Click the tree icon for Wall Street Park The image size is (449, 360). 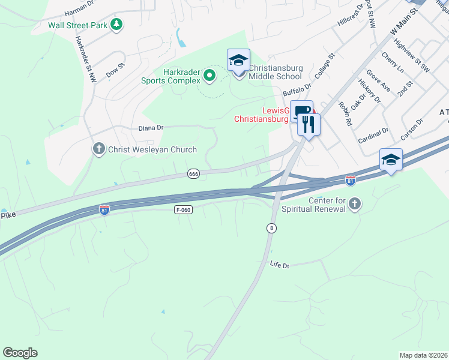pyautogui.click(x=116, y=25)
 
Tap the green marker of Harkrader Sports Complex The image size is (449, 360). pyautogui.click(x=209, y=75)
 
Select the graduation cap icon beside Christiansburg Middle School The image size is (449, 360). pyautogui.click(x=238, y=61)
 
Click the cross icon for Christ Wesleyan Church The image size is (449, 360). pyautogui.click(x=99, y=148)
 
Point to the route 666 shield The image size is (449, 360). pyautogui.click(x=193, y=174)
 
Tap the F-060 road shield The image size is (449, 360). pyautogui.click(x=183, y=209)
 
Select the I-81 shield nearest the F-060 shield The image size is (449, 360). pyautogui.click(x=104, y=209)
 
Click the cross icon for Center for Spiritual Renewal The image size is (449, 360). pyautogui.click(x=355, y=204)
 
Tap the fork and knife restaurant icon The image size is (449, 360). pyautogui.click(x=309, y=125)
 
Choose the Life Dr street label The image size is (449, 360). pyautogui.click(x=280, y=265)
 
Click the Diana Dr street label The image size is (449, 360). pyautogui.click(x=151, y=128)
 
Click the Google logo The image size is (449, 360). pyautogui.click(x=20, y=353)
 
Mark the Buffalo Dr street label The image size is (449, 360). pyautogui.click(x=297, y=91)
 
